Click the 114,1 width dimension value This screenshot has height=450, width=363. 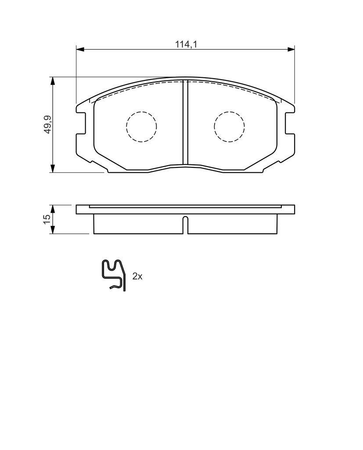point(187,44)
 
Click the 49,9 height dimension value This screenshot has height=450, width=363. point(47,124)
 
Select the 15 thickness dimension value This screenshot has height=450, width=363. point(47,219)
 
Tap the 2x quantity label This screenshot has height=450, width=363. point(137,276)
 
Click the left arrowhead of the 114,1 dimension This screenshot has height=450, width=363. point(80,49)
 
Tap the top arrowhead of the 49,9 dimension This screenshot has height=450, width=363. point(52,81)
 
